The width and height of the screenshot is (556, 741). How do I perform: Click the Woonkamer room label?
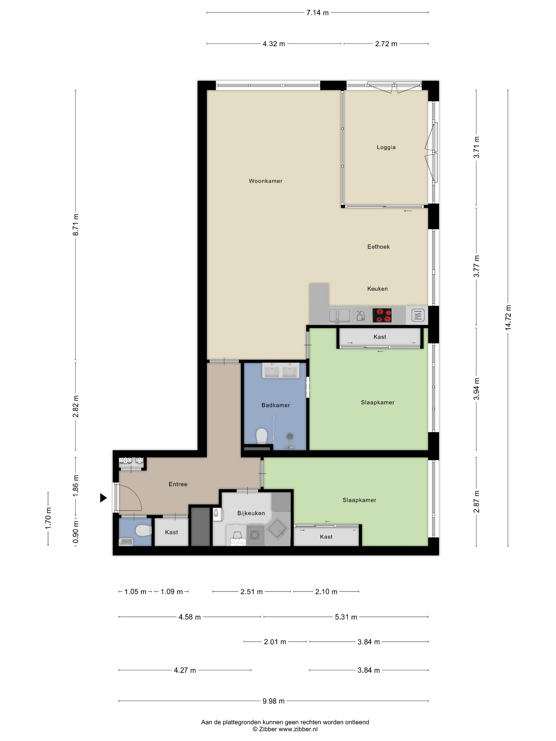[266, 181]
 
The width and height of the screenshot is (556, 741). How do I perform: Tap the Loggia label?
[386, 147]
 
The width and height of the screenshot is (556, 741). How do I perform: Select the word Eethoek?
[378, 247]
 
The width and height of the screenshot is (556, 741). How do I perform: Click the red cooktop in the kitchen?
[382, 315]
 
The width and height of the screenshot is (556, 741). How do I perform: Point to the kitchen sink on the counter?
[339, 315]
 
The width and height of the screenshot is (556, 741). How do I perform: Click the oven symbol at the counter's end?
[418, 315]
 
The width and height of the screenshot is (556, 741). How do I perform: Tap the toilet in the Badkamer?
[261, 436]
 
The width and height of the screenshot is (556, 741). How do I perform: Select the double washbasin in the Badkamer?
[280, 370]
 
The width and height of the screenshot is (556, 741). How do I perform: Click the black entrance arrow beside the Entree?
[103, 498]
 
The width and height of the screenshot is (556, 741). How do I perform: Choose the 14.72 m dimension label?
[508, 318]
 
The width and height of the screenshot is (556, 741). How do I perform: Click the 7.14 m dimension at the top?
[317, 13]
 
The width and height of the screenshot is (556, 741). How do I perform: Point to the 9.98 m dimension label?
[273, 701]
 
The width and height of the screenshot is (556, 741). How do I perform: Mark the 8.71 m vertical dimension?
[76, 224]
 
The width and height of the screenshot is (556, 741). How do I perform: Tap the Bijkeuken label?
[251, 513]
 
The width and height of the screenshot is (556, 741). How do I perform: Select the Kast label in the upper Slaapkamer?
[380, 337]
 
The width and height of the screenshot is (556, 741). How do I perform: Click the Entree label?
[178, 484]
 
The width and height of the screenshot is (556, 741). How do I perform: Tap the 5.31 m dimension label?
[346, 617]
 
